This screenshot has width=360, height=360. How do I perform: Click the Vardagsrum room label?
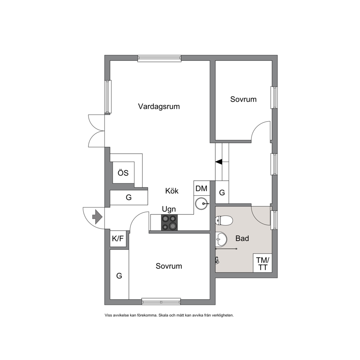click(x=159, y=107)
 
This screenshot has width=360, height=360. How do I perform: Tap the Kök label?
click(x=172, y=191)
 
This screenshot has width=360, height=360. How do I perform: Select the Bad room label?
click(x=242, y=238)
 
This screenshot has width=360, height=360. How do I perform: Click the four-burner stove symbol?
click(x=169, y=222)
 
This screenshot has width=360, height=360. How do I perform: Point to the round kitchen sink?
click(x=202, y=204)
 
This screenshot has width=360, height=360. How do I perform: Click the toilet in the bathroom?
click(x=224, y=221)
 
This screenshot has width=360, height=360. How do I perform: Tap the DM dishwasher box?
click(x=201, y=188)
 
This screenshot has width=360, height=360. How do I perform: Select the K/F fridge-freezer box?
click(x=118, y=238)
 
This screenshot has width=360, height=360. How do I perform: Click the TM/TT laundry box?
click(x=262, y=263)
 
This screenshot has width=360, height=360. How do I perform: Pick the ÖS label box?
click(x=123, y=173)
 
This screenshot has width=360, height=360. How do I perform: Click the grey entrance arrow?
click(x=97, y=216)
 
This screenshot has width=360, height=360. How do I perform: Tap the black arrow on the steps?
click(x=219, y=162)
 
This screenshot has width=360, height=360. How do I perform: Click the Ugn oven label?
click(x=169, y=209)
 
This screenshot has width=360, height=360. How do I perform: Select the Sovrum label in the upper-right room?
click(x=244, y=99)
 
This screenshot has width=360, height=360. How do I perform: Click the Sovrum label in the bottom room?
click(x=169, y=266)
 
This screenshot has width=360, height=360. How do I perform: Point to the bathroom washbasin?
click(x=221, y=239)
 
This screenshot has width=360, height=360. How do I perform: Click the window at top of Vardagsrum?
click(x=160, y=58)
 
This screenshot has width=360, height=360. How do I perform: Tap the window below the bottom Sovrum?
click(x=161, y=302)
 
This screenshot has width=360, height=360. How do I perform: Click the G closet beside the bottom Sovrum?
click(x=119, y=275)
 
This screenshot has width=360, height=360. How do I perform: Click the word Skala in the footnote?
click(x=163, y=315)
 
